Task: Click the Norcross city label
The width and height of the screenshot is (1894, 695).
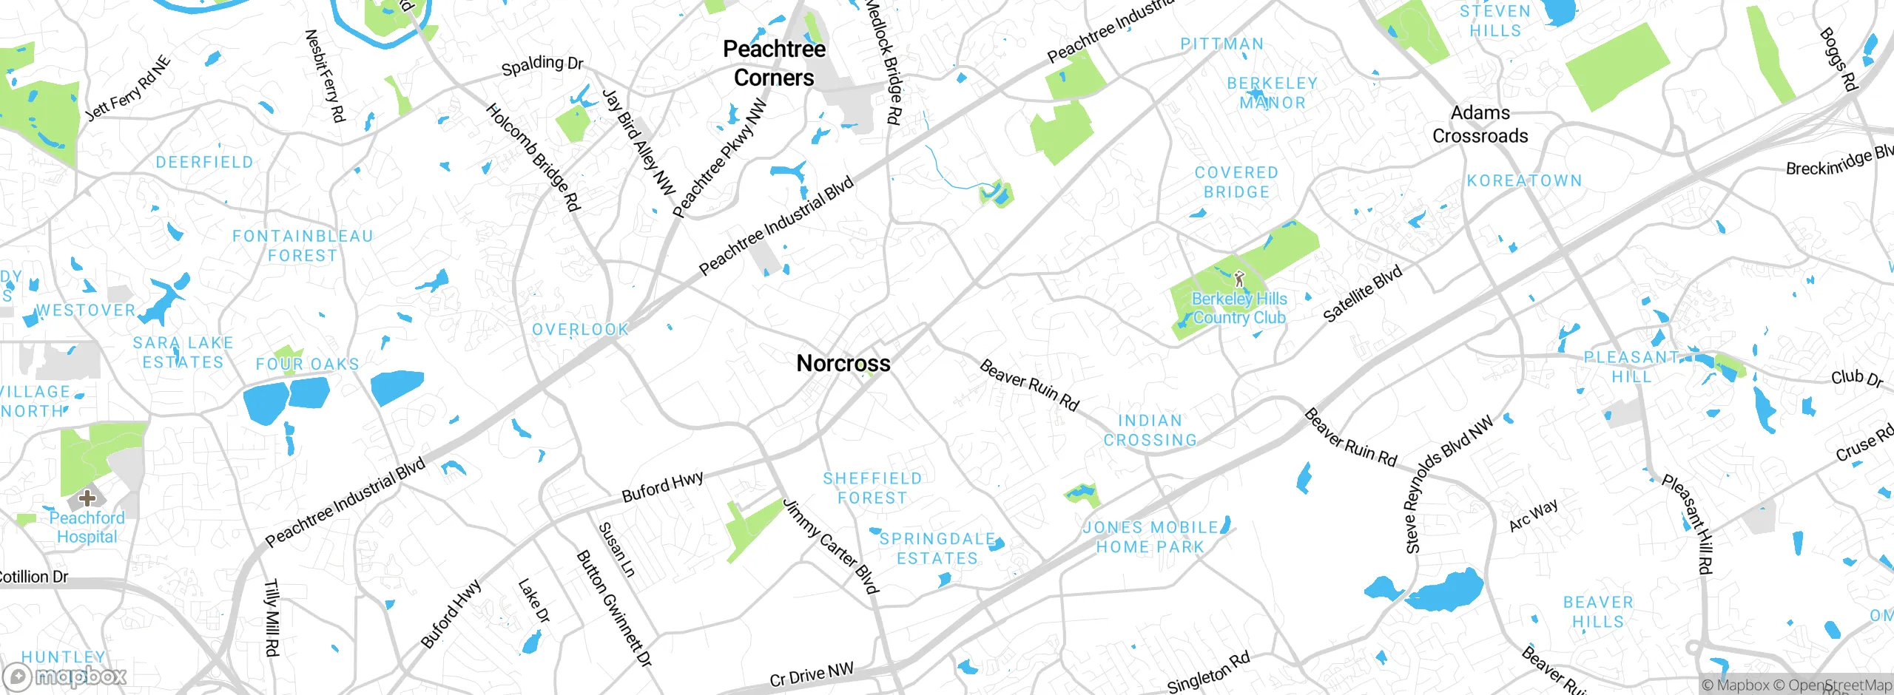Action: [843, 363]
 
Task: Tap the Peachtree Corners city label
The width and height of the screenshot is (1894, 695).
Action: [774, 63]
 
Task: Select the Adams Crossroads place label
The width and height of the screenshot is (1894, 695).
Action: [1480, 124]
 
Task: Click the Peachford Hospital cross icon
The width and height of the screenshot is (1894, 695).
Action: [87, 498]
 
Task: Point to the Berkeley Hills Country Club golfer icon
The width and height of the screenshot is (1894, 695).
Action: [1239, 279]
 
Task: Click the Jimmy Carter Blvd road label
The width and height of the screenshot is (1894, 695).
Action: [831, 547]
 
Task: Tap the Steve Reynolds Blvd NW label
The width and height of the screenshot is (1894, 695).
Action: [1448, 485]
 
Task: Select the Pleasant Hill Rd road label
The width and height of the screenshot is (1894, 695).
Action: [1688, 523]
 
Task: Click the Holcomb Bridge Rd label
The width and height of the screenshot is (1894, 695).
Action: [533, 157]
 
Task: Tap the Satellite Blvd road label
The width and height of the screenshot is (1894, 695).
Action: [1362, 294]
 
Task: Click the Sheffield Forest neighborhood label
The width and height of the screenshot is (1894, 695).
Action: [872, 488]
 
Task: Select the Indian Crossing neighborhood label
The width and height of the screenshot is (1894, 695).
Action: [1150, 430]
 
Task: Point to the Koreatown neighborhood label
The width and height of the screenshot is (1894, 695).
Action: [1524, 180]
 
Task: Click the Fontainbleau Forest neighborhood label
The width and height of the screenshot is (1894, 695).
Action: [303, 245]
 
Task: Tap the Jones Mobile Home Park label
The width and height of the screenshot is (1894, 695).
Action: [1150, 537]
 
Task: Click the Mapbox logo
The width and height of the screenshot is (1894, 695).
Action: [65, 676]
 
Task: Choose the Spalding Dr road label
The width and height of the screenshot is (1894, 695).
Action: [542, 65]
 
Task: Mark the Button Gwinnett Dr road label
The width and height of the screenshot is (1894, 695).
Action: [614, 608]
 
